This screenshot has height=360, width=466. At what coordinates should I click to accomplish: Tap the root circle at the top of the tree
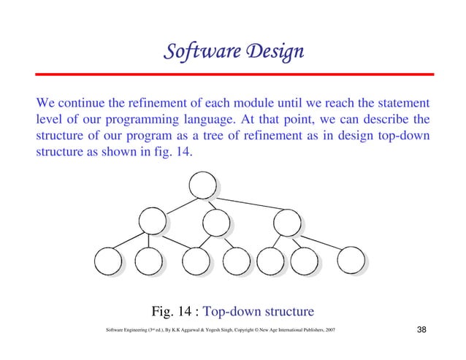(202, 185)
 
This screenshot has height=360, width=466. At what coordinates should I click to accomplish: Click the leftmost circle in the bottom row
(108, 261)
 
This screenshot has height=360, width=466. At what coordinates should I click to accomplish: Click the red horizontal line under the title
(233, 74)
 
